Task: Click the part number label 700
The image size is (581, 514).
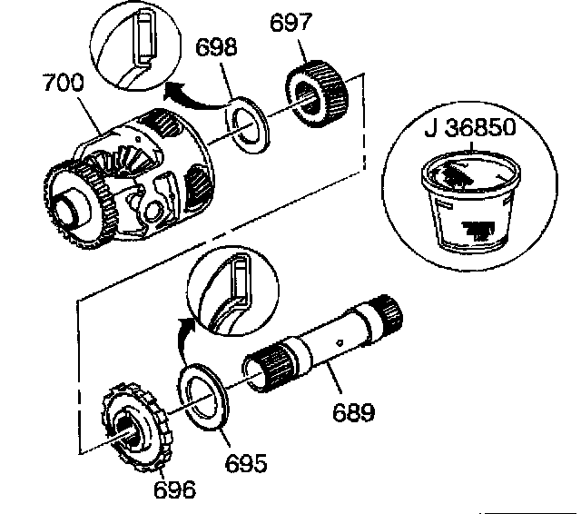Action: coord(64,84)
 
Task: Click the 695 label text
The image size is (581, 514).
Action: coord(246,464)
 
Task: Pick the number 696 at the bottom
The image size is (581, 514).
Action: coord(174,490)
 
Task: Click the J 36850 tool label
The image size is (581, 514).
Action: coord(469,128)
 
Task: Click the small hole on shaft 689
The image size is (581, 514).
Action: coord(339,344)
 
